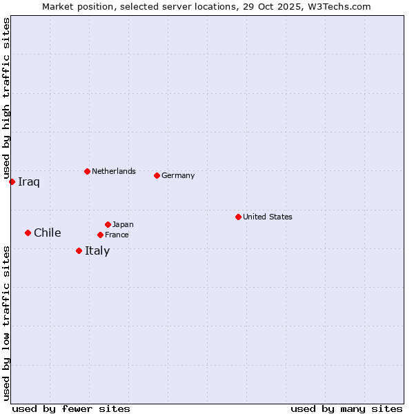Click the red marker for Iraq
pyautogui.click(x=12, y=181)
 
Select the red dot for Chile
pyautogui.click(x=28, y=233)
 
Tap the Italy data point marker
pyautogui.click(x=79, y=250)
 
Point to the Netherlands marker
pyautogui.click(x=87, y=171)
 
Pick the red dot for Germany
pyautogui.click(x=157, y=175)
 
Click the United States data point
pyautogui.click(x=238, y=217)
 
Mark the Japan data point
pyautogui.click(x=108, y=224)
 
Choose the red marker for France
pyautogui.click(x=100, y=235)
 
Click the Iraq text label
pyautogui.click(x=29, y=182)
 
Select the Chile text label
pyautogui.click(x=48, y=233)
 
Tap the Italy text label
pyautogui.click(x=97, y=251)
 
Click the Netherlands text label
pyautogui.click(x=114, y=171)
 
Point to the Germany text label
pyautogui.click(x=178, y=175)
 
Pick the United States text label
pyautogui.click(x=268, y=217)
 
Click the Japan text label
pyautogui.click(x=123, y=224)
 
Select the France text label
pyautogui.click(x=117, y=235)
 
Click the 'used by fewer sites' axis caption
pyautogui.click(x=71, y=408)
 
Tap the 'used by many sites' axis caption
pyautogui.click(x=346, y=408)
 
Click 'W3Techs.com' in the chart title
pyautogui.click(x=339, y=6)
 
